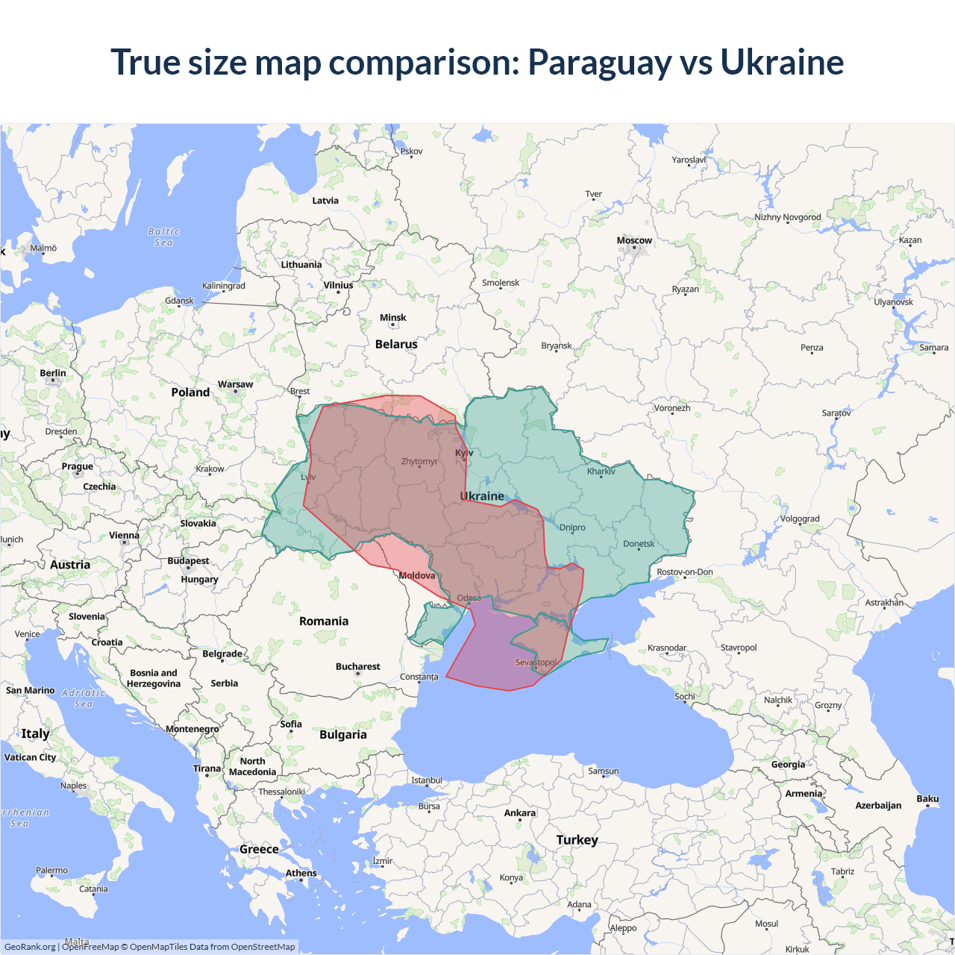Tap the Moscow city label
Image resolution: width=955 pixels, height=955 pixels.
tap(634, 240)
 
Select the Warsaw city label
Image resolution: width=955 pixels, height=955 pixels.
tap(235, 384)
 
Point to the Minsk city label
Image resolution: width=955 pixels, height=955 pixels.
tap(392, 318)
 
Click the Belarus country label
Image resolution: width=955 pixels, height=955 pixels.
tap(396, 344)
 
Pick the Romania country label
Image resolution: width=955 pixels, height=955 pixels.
tap(324, 621)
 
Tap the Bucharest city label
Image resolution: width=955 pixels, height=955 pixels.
tap(357, 666)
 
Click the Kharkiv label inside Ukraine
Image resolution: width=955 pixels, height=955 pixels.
tap(601, 471)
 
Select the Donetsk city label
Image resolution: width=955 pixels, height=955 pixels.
tap(639, 543)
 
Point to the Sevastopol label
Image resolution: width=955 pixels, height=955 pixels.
tap(536, 662)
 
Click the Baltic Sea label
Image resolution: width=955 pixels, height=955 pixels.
tap(163, 237)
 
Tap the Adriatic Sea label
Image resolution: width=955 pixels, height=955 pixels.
tap(84, 698)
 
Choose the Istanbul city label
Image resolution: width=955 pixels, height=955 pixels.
tap(427, 780)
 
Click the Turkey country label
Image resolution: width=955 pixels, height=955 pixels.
tap(577, 839)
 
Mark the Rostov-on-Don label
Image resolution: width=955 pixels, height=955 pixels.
tap(684, 572)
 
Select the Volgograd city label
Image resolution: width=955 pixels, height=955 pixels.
tap(800, 519)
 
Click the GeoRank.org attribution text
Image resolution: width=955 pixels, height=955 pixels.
tap(30, 947)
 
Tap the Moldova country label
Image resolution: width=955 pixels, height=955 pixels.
tap(416, 575)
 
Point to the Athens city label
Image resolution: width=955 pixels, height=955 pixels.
tap(301, 873)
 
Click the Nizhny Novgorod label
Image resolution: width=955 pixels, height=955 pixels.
tap(787, 217)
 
